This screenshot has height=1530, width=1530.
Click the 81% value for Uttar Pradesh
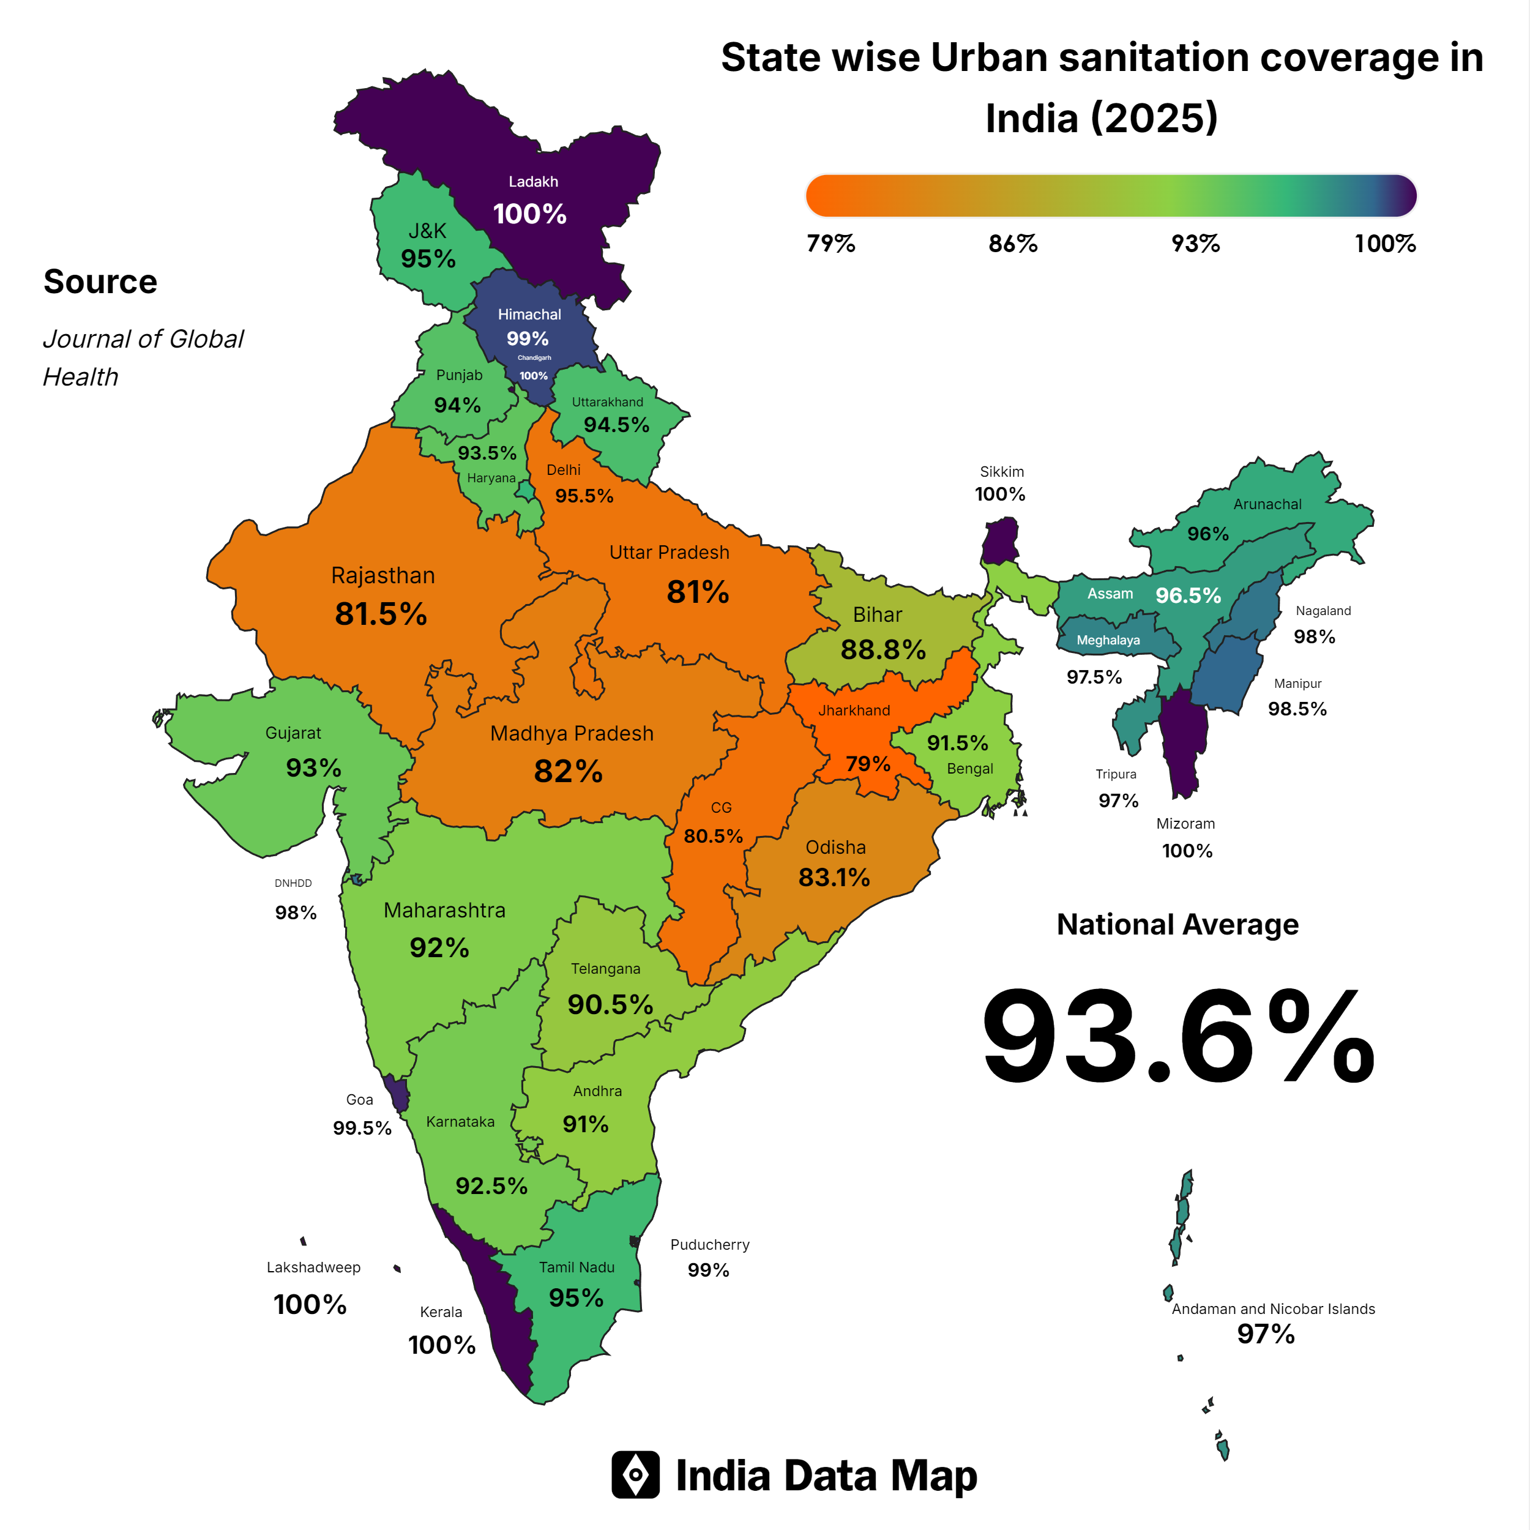tap(697, 592)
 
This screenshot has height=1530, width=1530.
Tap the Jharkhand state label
tap(854, 711)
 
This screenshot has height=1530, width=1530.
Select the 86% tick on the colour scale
tap(1012, 243)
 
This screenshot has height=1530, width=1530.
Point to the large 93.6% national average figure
tap(1177, 1037)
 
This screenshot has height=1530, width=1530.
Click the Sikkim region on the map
tap(1000, 541)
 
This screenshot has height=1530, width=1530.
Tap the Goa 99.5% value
tap(362, 1128)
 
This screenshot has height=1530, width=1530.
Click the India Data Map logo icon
tap(635, 1474)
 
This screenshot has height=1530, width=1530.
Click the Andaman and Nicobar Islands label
tap(1272, 1309)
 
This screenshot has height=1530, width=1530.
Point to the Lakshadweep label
tap(313, 1267)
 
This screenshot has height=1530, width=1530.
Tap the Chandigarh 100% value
tap(534, 375)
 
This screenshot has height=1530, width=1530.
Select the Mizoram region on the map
tap(1183, 741)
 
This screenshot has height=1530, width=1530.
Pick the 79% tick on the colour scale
tap(830, 243)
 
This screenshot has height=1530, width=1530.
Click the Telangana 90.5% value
tap(610, 1004)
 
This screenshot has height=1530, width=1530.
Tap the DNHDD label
tap(293, 883)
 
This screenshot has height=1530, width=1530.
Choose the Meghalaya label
tap(1108, 640)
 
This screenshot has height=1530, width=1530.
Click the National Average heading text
tap(1177, 924)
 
